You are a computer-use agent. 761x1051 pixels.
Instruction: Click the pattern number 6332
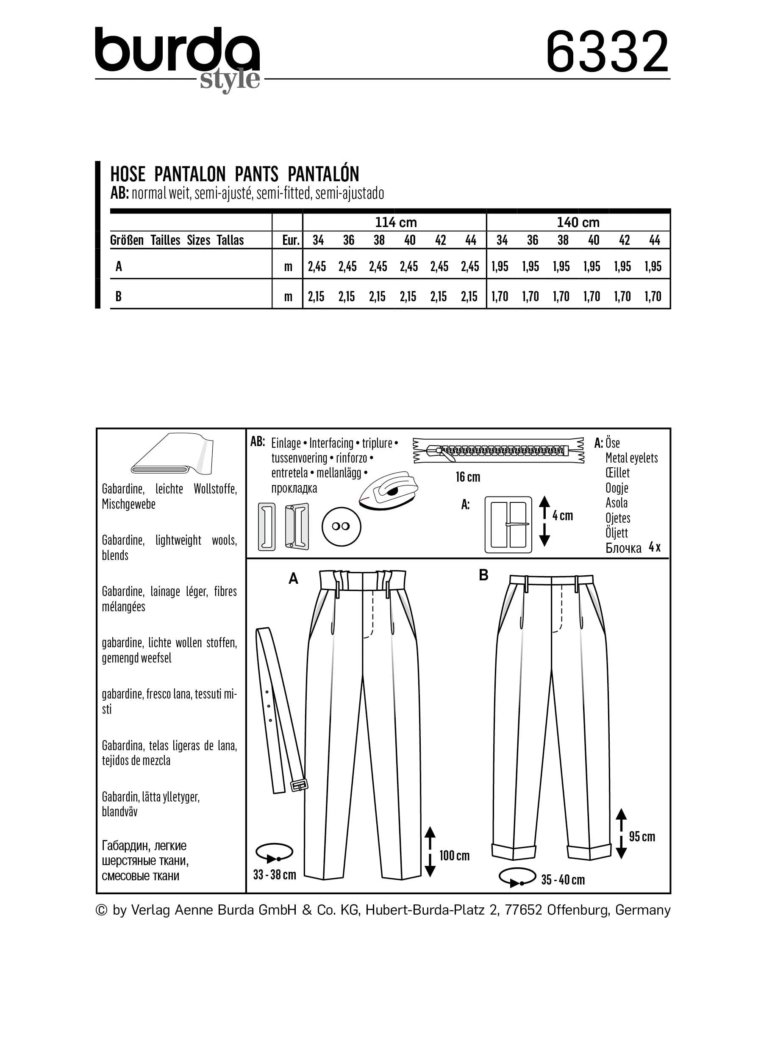pos(607,52)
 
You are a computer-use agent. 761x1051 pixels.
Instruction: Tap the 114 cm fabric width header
pos(395,222)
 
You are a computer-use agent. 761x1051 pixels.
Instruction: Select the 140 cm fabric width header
pos(578,222)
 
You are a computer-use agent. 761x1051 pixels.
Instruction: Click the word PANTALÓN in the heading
pos(323,174)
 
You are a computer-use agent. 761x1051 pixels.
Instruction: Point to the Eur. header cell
pos(291,240)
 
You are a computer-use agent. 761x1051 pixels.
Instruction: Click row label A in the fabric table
pos(119,266)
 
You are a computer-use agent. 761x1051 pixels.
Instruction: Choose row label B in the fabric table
pos(119,296)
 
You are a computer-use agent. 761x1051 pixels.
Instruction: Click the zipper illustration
pos(498,450)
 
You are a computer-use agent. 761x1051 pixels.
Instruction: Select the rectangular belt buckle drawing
pos(508,524)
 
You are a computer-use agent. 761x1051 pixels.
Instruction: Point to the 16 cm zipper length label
pos(468,477)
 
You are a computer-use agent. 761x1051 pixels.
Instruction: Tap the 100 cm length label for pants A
pos(454,855)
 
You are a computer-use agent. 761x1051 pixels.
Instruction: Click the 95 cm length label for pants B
pos(642,837)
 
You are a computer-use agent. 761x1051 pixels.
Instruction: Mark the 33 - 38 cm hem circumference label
pos(275,874)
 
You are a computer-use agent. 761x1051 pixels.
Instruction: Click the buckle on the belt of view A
pos(298,785)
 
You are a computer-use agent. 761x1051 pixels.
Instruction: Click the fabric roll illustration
pos(172,455)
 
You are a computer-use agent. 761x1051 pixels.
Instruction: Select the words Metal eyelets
pos(631,458)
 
